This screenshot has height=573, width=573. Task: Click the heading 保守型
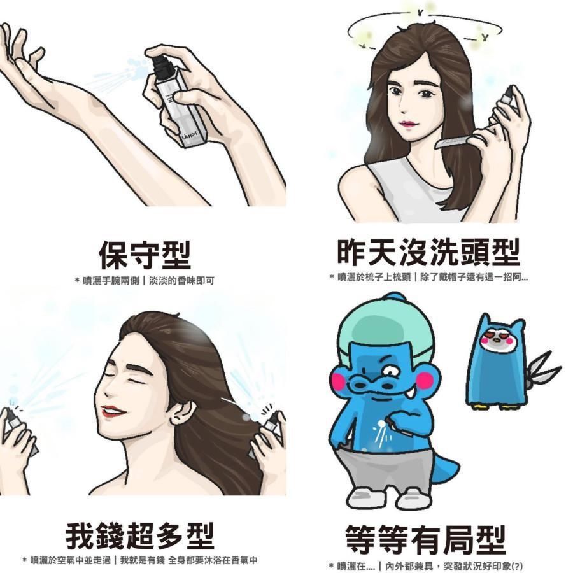pyautogui.click(x=145, y=255)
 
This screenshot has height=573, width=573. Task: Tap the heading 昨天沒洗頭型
pyautogui.click(x=428, y=253)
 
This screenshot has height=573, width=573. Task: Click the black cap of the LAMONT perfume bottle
pyautogui.click(x=161, y=64)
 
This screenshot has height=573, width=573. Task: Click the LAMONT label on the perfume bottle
pyautogui.click(x=190, y=135)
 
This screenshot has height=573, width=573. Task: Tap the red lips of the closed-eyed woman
pyautogui.click(x=115, y=412)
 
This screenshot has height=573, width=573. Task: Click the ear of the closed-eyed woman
pyautogui.click(x=182, y=411)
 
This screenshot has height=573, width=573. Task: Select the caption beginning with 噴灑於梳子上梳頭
pyautogui.click(x=428, y=277)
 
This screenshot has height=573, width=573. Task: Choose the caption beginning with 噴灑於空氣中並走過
pyautogui.click(x=139, y=561)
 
